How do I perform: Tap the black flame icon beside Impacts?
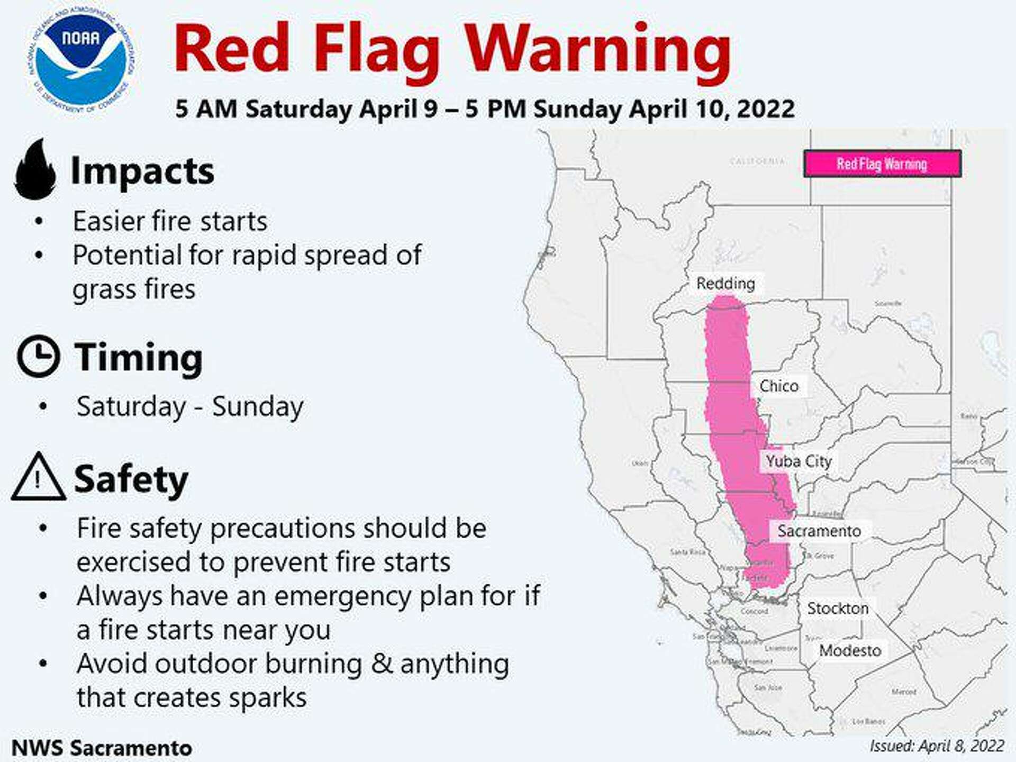[35, 170]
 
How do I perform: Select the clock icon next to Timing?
[38, 356]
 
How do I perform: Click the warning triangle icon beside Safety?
[38, 478]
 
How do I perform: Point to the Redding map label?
[725, 284]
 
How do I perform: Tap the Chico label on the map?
[778, 386]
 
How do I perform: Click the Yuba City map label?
[799, 461]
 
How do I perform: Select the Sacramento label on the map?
[819, 531]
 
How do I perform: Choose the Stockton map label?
[838, 609]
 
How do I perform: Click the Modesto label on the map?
[850, 650]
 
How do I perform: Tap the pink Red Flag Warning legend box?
[882, 164]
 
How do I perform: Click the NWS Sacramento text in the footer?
[102, 748]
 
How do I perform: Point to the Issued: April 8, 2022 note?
[937, 746]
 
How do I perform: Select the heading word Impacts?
[142, 171]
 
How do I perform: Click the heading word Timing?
[138, 358]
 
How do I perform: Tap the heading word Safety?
[131, 479]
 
